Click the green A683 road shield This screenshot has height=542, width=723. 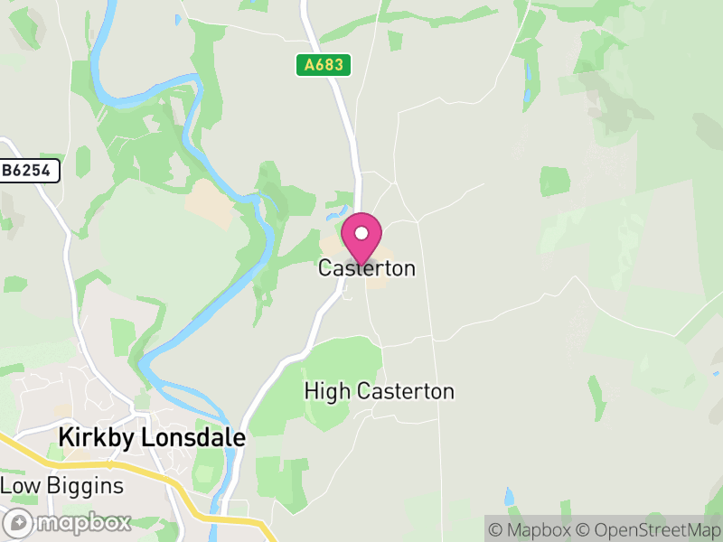click(x=323, y=65)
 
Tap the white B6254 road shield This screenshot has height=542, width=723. click(x=30, y=170)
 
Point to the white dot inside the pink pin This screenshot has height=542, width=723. click(x=361, y=233)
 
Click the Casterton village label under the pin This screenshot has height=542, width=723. click(x=367, y=268)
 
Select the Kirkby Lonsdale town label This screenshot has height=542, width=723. click(x=152, y=437)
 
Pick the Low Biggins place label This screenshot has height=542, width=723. click(x=61, y=486)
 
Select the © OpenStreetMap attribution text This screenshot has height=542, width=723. click(x=648, y=529)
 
